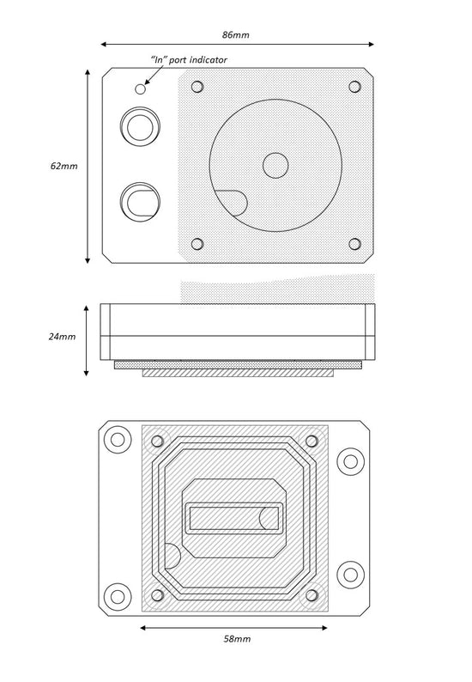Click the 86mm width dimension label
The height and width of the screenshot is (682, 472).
click(235, 35)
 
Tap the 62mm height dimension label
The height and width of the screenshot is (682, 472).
click(64, 166)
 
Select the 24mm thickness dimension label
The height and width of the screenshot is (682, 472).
click(62, 336)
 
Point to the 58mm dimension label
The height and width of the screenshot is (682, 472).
click(237, 639)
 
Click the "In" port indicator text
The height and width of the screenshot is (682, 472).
click(189, 59)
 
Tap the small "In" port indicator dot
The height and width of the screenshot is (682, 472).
click(140, 88)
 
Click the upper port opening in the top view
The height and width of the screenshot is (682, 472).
click(140, 126)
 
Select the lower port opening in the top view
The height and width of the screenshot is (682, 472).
click(140, 202)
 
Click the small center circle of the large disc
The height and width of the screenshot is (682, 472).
click(275, 165)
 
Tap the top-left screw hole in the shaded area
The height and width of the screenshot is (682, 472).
click(197, 87)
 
